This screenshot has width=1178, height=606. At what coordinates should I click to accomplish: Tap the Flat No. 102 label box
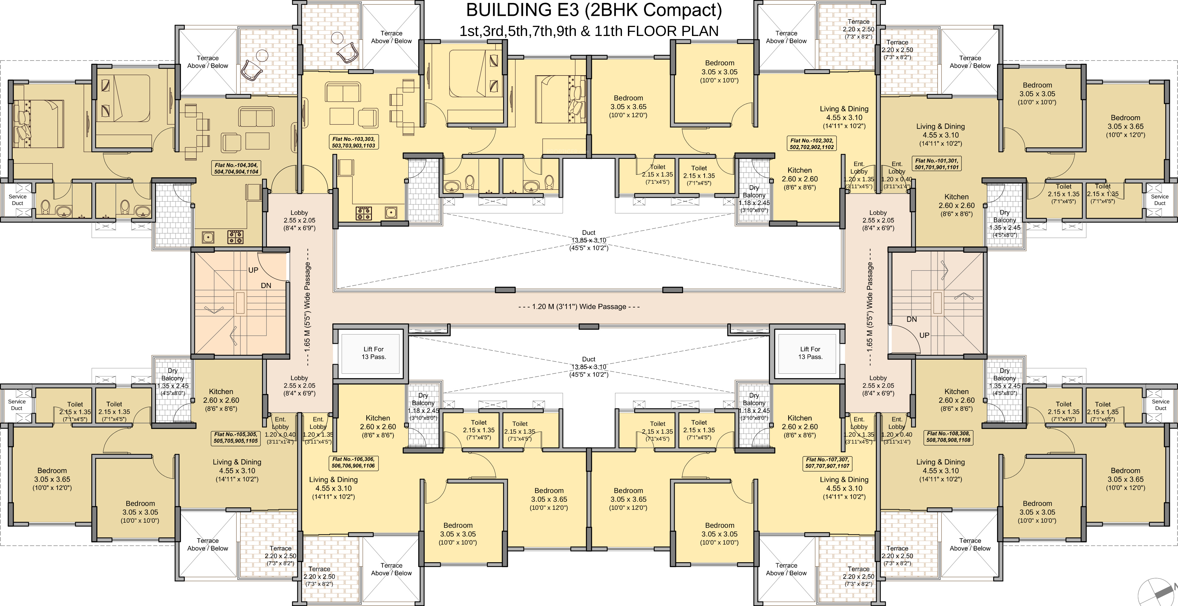(812, 144)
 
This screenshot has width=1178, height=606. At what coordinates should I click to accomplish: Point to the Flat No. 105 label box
(236, 438)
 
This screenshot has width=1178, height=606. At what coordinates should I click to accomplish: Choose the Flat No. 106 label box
(354, 462)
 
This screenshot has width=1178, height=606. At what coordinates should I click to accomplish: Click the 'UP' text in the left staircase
(253, 270)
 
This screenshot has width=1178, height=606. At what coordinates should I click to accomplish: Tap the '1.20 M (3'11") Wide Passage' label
(579, 307)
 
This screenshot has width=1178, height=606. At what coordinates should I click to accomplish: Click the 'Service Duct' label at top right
(1160, 200)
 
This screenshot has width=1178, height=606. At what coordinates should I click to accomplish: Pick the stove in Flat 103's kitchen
(364, 213)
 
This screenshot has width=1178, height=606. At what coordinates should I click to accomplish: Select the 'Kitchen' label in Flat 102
(800, 170)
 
